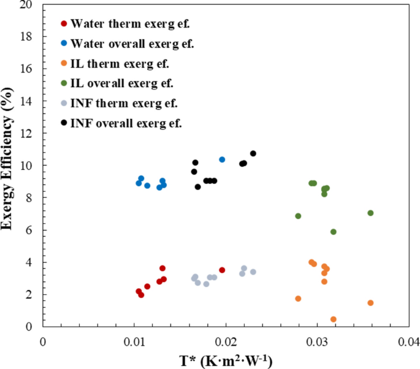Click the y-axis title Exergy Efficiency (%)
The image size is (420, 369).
pyautogui.click(x=9, y=164)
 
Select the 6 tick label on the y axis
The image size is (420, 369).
pyautogui.click(x=30, y=230)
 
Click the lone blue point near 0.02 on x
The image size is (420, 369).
pyautogui.click(x=222, y=159)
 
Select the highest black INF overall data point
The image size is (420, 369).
pyautogui.click(x=253, y=153)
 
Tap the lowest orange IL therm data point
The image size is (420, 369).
pyautogui.click(x=334, y=319)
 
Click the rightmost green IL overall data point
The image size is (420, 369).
pyautogui.click(x=370, y=213)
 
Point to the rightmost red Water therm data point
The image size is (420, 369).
pyautogui.click(x=222, y=270)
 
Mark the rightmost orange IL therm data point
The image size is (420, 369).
pyautogui.click(x=370, y=303)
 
